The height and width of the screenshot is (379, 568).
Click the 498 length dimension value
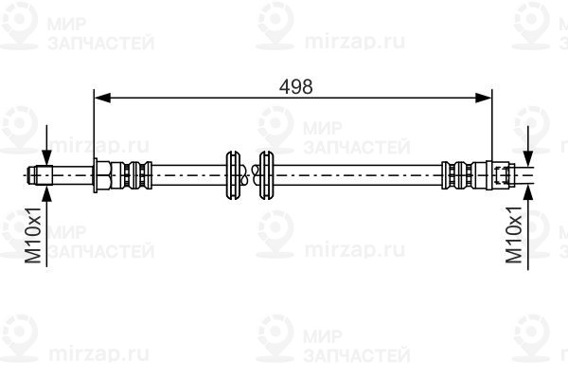[x=295, y=87]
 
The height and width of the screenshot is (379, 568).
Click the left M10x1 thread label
[x=34, y=235]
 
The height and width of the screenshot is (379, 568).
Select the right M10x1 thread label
[x=514, y=235]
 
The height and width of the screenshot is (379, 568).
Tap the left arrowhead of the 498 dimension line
[x=102, y=98]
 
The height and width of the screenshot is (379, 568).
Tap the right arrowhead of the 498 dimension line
[x=484, y=98]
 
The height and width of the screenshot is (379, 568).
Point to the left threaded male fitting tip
[x=40, y=175]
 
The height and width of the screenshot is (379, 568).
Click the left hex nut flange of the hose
[x=102, y=175]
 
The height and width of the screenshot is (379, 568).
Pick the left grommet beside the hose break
[x=233, y=175]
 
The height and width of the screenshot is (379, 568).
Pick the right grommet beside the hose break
[x=266, y=175]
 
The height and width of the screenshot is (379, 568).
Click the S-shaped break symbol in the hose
[x=250, y=175]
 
